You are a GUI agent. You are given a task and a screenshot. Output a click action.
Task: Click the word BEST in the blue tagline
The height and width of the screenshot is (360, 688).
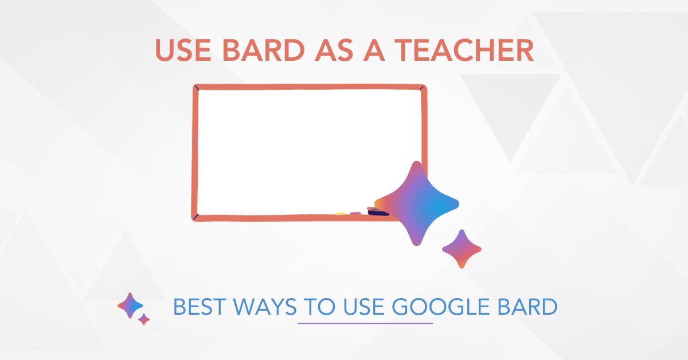tap(197, 308)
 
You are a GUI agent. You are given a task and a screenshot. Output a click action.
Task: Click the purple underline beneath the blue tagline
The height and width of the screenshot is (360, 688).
tap(365, 323)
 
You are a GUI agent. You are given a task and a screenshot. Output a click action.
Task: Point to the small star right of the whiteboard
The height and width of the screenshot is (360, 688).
tap(462, 249)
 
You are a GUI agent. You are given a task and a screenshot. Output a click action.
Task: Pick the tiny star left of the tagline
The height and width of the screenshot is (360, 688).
tap(144, 319)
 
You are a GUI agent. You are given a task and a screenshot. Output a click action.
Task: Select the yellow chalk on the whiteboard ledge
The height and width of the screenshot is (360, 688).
tap(340, 214)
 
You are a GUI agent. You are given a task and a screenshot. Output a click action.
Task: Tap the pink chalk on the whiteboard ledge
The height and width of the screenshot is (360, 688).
tap(355, 213)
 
